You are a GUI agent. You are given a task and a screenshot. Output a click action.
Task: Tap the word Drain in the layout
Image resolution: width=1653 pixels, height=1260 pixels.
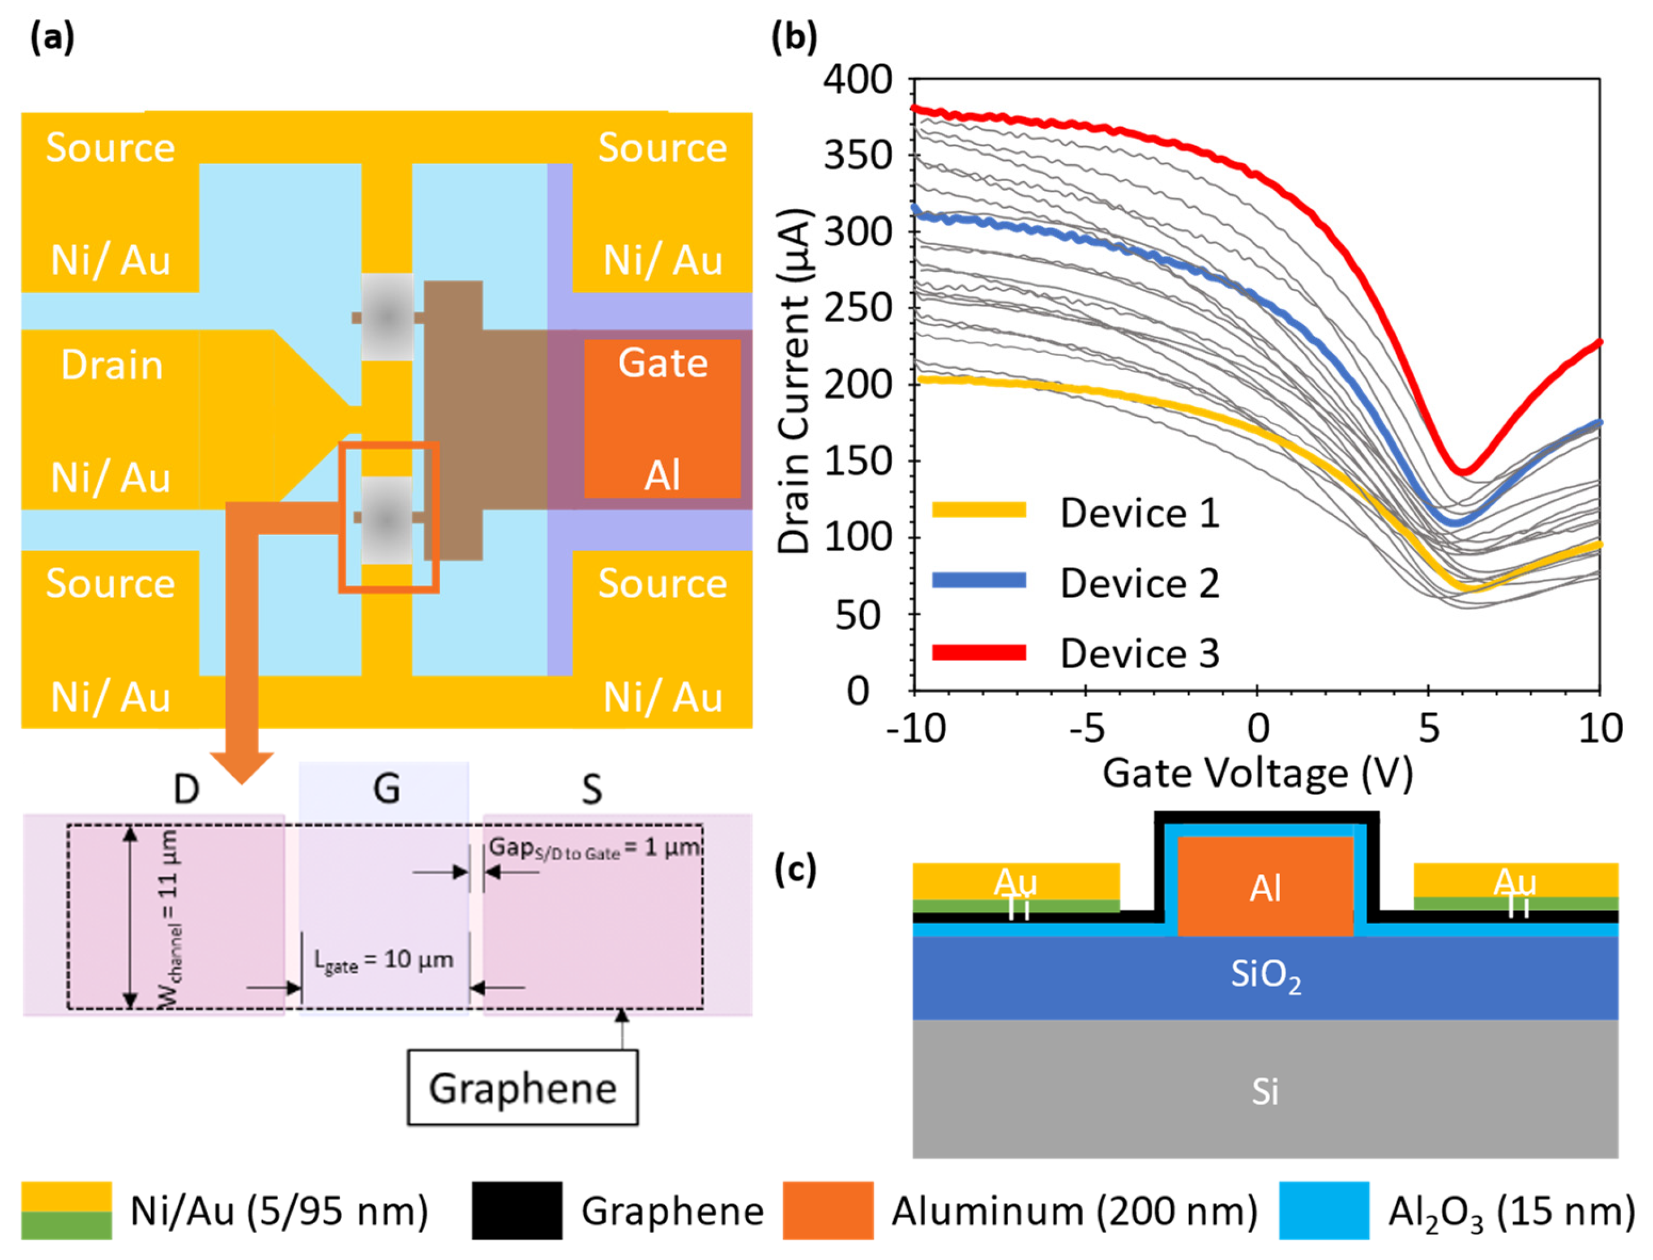coord(112,365)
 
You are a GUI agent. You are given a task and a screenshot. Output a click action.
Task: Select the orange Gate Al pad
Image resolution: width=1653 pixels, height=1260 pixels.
coord(662,418)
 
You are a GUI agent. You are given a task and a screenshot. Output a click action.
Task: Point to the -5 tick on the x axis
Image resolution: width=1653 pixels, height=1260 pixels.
coord(1087,728)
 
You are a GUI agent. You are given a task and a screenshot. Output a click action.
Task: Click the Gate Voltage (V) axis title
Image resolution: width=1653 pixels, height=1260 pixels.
coord(1257,773)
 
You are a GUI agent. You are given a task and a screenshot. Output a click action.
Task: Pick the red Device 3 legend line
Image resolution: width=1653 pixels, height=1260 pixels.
coord(979,652)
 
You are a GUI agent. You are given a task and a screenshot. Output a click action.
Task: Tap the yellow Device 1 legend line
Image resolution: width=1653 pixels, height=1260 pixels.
coord(979,510)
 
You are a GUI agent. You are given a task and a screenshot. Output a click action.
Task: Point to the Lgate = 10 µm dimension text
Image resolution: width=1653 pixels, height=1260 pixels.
coord(383,961)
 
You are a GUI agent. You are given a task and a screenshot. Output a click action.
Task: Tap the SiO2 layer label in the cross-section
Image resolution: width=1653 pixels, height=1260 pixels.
coord(1265,976)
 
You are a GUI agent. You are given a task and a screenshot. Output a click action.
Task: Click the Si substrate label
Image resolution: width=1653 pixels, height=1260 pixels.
coord(1265,1092)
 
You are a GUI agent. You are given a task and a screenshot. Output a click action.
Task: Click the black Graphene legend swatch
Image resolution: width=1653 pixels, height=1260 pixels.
coord(517,1211)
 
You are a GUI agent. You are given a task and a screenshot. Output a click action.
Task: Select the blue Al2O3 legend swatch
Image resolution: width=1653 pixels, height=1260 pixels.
coord(1325,1211)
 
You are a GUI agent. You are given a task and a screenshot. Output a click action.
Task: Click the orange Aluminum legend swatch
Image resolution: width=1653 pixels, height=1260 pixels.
coord(828,1211)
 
